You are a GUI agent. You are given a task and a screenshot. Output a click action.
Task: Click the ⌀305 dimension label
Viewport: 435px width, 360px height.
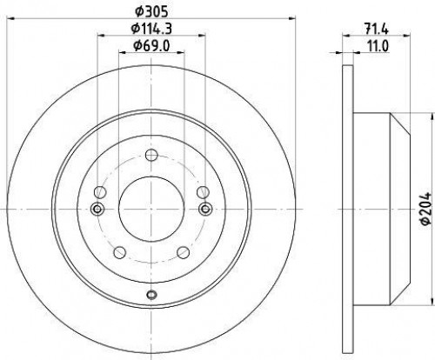coord(151,11)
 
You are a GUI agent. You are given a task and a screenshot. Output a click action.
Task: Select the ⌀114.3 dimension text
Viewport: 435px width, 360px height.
coord(151,29)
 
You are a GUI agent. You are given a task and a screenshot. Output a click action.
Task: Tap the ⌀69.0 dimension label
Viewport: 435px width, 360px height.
coord(151,46)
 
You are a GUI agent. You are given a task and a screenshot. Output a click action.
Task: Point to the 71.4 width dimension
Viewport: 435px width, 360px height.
coord(376,29)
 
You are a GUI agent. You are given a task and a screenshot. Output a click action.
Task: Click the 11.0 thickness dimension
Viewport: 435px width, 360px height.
coord(378,46)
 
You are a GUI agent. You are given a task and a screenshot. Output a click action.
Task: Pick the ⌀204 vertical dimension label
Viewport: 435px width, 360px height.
coord(426,209)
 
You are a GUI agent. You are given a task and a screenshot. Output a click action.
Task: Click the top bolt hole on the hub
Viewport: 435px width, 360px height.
coord(151,155)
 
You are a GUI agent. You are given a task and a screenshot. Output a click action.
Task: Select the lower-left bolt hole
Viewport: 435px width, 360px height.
coord(120,252)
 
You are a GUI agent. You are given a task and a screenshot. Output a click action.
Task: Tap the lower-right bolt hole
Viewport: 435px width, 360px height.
coord(183,252)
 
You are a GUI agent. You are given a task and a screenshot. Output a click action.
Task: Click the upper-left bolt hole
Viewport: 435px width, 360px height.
coord(100,192)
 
